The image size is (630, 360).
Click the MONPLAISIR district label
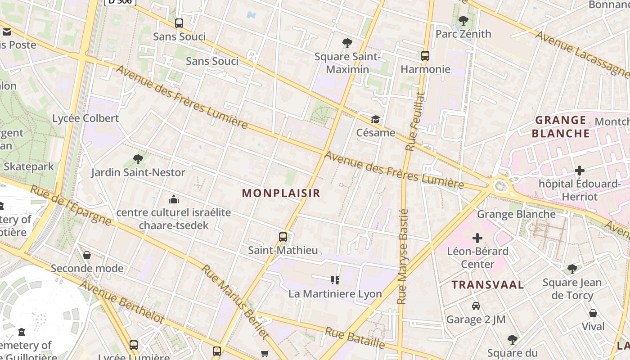[x=281, y=193]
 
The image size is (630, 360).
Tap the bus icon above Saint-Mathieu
[x=283, y=237]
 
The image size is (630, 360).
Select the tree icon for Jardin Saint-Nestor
[x=138, y=159]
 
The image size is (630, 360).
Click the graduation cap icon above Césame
[x=375, y=119]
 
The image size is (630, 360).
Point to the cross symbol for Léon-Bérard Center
[x=477, y=238]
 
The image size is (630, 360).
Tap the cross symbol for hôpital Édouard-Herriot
[x=580, y=171]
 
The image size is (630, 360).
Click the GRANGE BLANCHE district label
[x=561, y=126]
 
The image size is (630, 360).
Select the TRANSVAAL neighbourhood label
[x=488, y=284]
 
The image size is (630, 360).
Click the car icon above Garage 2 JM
[x=476, y=306]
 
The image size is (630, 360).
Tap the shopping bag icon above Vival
[x=593, y=313]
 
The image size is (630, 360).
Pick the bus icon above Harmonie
[x=425, y=56]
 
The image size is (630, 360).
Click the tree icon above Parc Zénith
[x=463, y=20]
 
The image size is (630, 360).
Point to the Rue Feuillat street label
[x=415, y=121]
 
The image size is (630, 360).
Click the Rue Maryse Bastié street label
[x=403, y=256]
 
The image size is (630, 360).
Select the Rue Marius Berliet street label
[x=235, y=301]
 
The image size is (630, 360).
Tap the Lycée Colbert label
[x=85, y=118]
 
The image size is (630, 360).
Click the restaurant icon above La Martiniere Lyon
[x=335, y=280]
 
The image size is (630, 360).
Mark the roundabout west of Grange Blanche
[x=500, y=184]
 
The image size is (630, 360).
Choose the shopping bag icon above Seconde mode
[x=87, y=255]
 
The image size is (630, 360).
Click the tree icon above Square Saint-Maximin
[x=347, y=43]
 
